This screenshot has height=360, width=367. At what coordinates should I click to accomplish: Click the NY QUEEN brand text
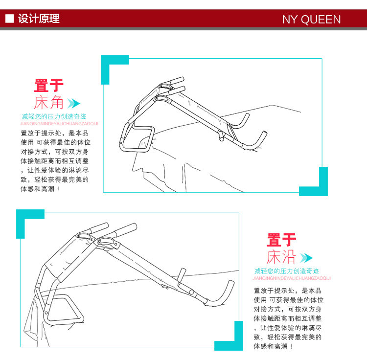[x=311, y=19]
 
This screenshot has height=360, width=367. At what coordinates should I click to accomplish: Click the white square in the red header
[x=10, y=19]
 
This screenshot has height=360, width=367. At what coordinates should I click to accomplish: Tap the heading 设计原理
[x=39, y=19]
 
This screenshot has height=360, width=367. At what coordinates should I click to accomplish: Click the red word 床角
[x=48, y=102]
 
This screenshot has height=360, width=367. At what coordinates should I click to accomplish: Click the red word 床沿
[x=281, y=257]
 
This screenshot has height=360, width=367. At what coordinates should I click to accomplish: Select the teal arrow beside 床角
[x=74, y=103]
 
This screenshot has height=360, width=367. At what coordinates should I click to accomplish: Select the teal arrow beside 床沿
[x=306, y=258]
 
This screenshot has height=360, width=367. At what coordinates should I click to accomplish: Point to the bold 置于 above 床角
[x=48, y=86]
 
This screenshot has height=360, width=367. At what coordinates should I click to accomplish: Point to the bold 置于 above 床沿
[x=281, y=240]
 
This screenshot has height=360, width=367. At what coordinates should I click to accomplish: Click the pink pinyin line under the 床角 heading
[x=59, y=124]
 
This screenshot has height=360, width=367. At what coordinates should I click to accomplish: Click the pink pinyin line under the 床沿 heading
[x=292, y=278]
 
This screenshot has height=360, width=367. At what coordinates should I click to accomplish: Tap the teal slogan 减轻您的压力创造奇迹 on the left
[x=54, y=116]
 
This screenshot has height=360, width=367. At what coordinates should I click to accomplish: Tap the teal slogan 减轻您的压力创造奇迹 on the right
[x=287, y=271]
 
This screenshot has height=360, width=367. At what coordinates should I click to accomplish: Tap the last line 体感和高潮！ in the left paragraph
[x=40, y=189]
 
